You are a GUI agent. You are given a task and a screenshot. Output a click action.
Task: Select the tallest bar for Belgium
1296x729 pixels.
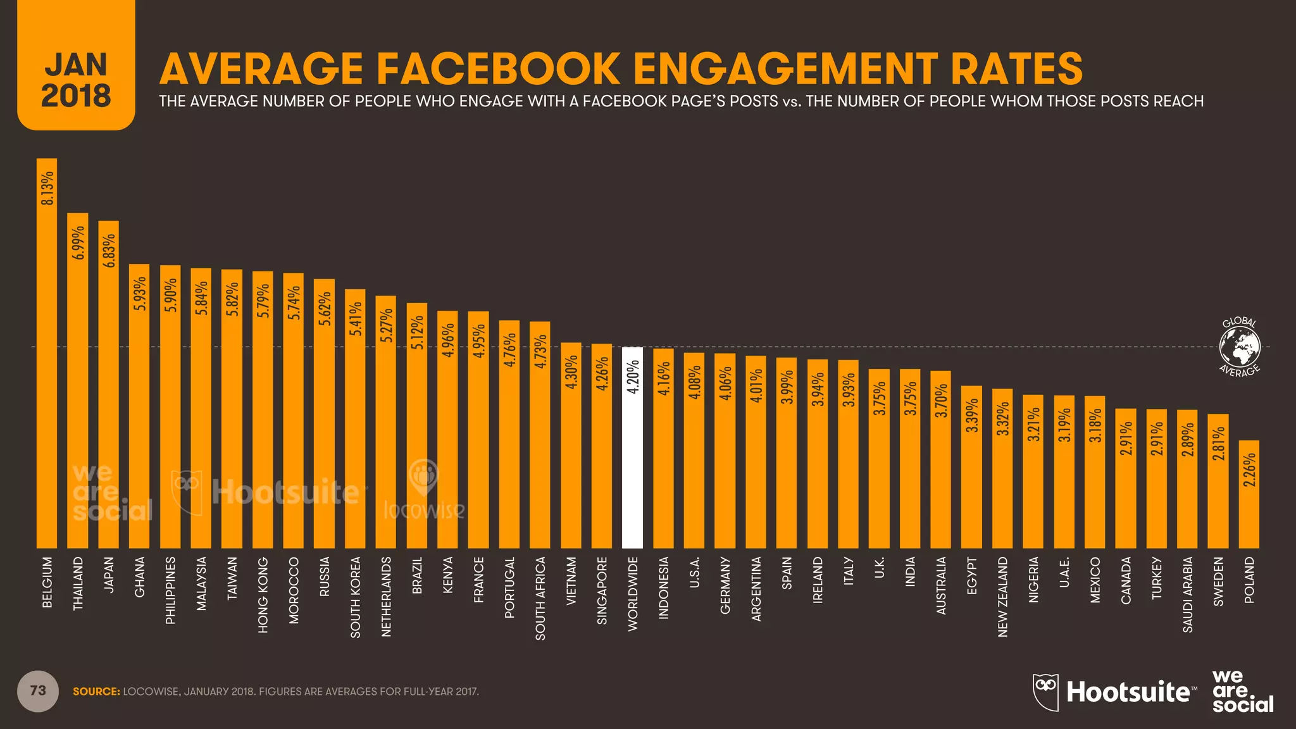47,354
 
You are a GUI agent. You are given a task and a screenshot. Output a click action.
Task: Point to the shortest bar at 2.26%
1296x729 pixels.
1249,494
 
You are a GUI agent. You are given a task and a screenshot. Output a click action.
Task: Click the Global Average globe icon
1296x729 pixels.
1240,347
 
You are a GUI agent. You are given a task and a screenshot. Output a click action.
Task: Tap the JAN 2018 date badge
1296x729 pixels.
76,79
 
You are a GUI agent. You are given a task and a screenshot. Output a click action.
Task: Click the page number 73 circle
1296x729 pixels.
38,691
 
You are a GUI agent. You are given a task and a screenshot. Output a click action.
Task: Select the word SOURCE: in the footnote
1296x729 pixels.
96,692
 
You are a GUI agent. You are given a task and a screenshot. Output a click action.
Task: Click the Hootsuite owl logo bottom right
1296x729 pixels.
1045,692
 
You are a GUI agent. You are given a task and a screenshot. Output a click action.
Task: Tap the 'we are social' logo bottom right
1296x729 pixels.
1242,691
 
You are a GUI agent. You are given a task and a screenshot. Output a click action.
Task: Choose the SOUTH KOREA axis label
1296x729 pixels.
356,597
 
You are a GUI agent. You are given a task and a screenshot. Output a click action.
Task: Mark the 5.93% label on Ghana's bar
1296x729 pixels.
140,294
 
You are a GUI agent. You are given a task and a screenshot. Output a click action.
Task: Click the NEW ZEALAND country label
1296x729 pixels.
1002,597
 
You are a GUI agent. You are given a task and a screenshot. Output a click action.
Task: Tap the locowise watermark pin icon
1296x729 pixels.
423,476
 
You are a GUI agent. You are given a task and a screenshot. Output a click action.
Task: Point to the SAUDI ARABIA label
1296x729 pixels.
1188,594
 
